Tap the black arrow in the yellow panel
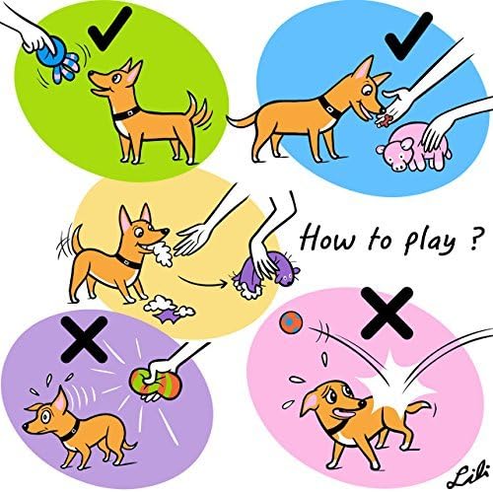[211, 282]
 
